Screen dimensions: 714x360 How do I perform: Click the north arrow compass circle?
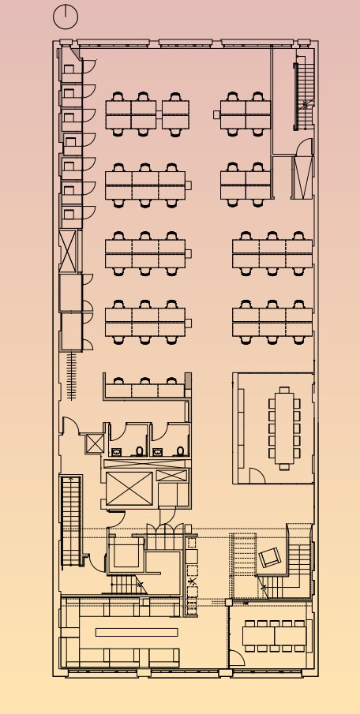coord(66,16)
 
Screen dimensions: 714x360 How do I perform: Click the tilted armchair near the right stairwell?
coord(270,557)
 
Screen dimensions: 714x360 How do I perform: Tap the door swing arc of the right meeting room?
coord(256,475)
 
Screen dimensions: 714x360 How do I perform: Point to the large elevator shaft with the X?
coord(127,489)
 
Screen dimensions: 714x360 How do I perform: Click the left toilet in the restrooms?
coord(140,451)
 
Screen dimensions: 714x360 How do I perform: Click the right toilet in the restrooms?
coord(181,451)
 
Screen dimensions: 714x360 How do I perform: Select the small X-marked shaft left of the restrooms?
coord(95,443)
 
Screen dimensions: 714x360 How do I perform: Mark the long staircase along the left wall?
coord(72,521)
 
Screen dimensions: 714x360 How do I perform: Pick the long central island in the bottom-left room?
coord(136,632)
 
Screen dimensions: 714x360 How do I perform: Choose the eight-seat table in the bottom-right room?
coord(273,636)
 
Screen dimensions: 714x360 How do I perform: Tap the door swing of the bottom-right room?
coord(237,659)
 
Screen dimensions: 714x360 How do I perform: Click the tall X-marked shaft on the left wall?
coord(69,249)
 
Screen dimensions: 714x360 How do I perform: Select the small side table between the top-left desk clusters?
coord(159,115)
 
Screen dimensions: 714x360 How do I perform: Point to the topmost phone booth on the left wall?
coord(69,69)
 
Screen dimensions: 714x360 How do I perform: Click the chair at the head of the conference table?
coord(284,390)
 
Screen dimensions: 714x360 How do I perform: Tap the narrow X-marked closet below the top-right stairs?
coord(302,178)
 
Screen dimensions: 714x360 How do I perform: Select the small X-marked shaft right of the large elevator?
coord(171,476)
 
